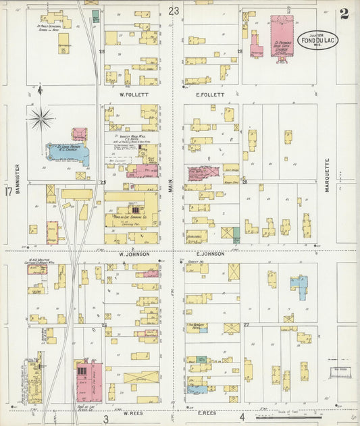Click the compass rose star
click(42, 119)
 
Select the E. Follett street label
click(210, 95)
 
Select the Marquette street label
click(326, 176)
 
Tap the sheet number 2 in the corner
click(344, 14)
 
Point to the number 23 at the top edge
click(174, 11)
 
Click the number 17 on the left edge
click(8, 192)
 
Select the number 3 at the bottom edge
click(105, 420)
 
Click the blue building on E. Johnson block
click(298, 286)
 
